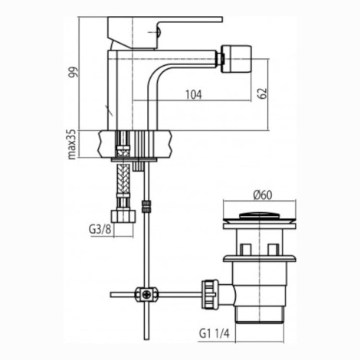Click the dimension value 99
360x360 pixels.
click(x=74, y=72)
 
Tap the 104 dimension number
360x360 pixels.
click(x=194, y=95)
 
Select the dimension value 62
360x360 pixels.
click(x=263, y=93)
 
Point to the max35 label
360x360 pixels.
click(x=73, y=144)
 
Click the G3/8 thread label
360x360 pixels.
click(x=100, y=230)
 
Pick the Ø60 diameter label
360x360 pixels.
click(x=263, y=195)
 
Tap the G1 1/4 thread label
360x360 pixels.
click(x=214, y=333)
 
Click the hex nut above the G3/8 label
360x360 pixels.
click(x=123, y=216)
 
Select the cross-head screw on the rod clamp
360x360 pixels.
click(x=147, y=295)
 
